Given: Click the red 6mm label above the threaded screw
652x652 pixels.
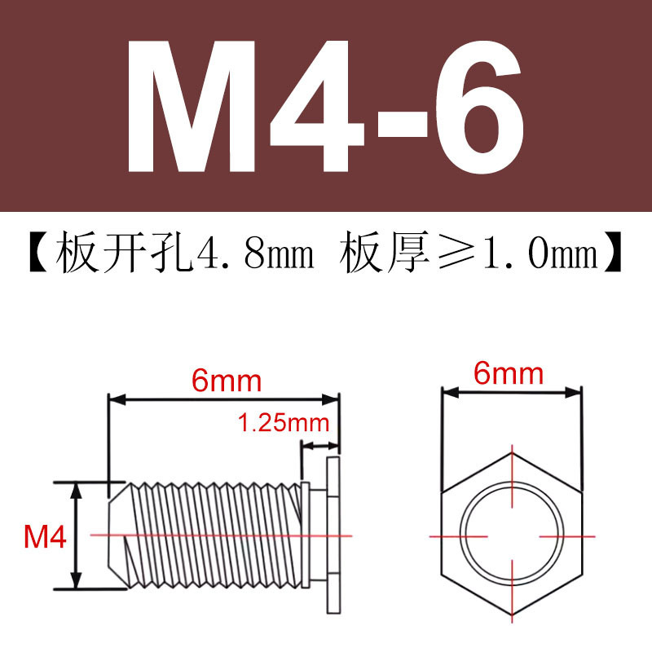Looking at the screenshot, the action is point(226,380).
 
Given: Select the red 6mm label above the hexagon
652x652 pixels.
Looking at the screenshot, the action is point(509,374).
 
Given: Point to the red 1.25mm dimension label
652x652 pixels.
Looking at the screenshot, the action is point(283,423).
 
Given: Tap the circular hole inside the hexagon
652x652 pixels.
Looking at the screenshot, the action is point(511,535).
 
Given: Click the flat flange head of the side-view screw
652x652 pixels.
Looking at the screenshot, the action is point(333,535).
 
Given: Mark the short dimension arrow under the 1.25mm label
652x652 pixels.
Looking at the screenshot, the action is point(319,446).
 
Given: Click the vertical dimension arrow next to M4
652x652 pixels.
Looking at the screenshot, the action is point(77,535).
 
